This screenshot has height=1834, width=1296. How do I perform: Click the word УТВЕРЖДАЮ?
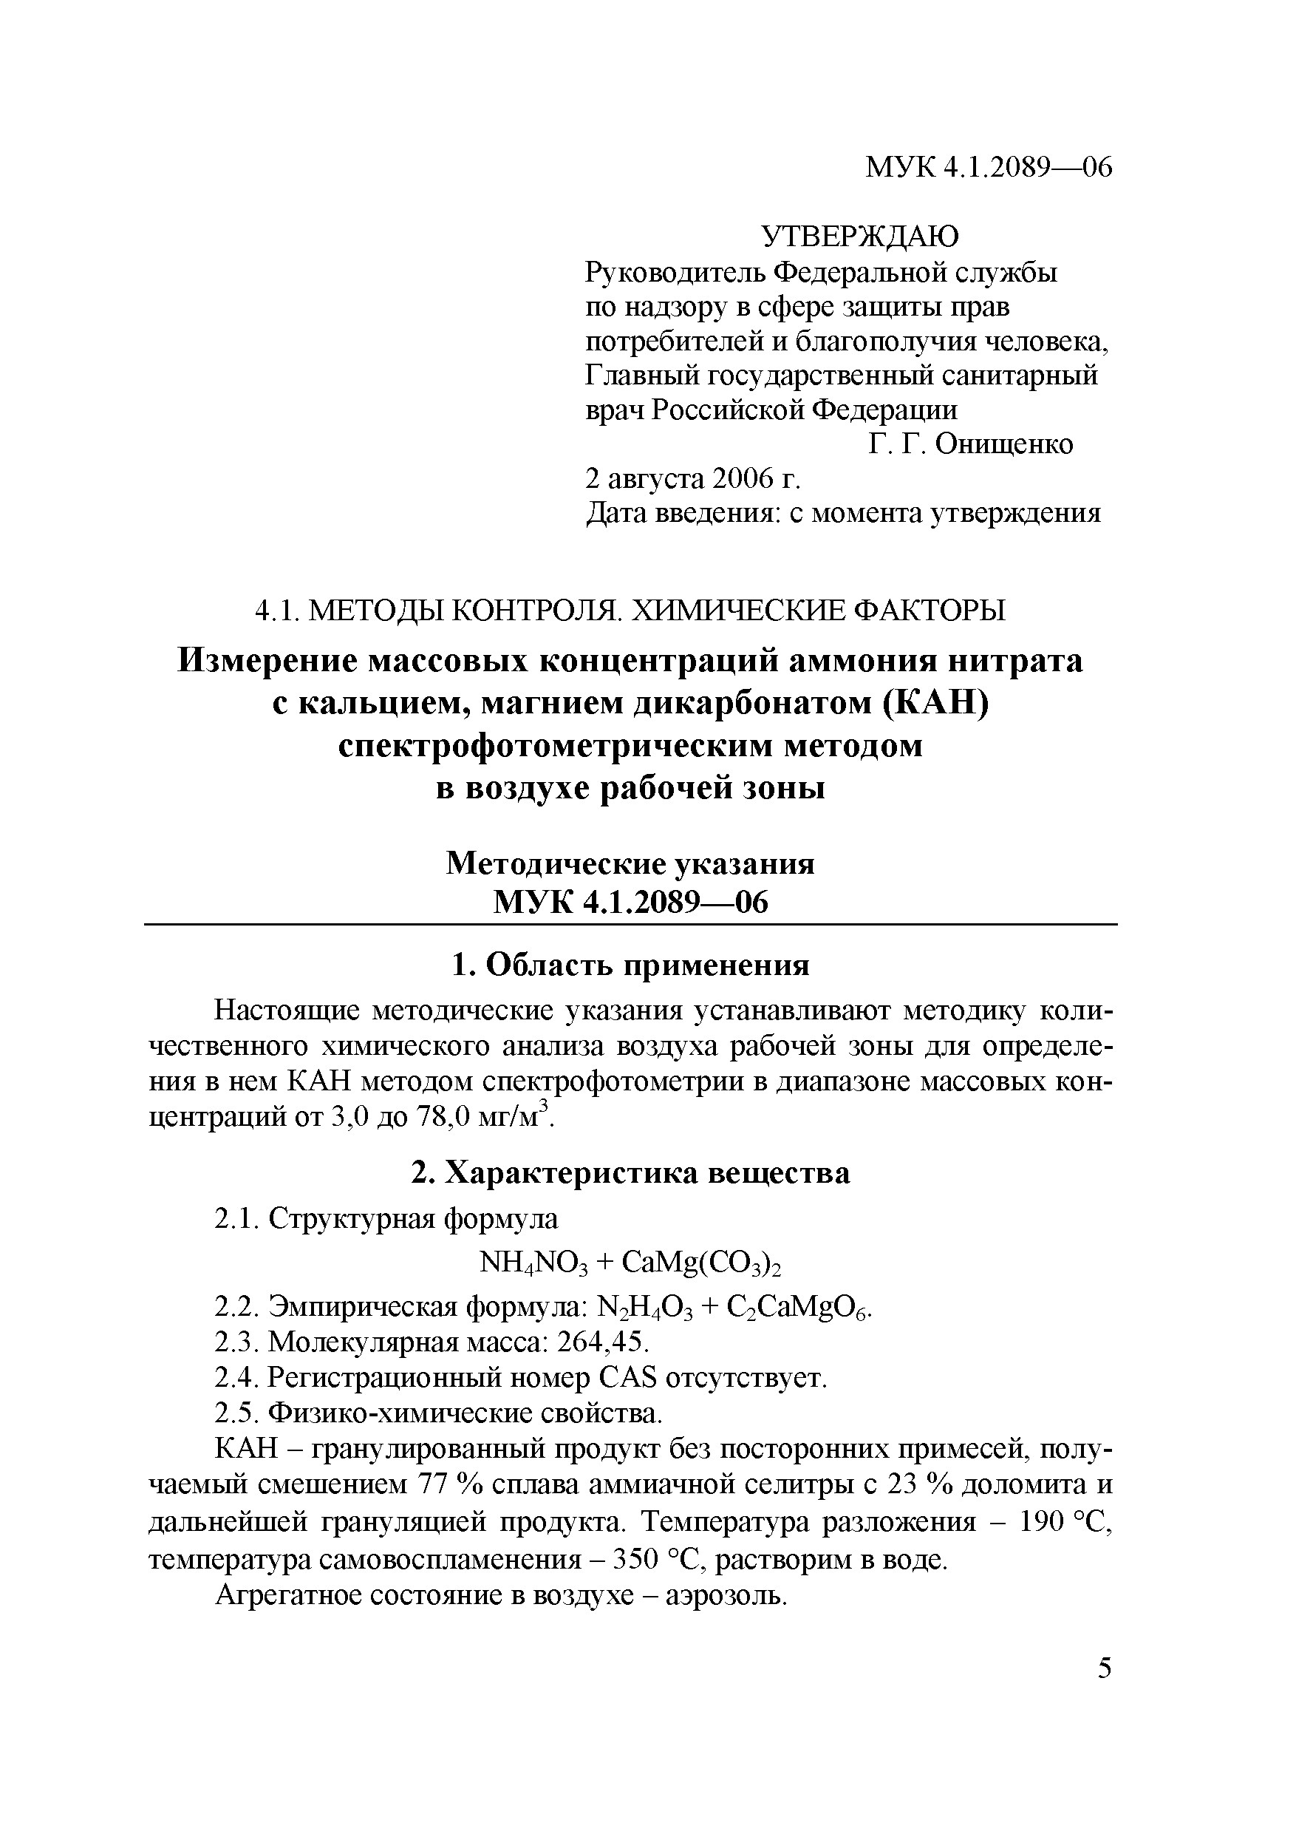tap(860, 237)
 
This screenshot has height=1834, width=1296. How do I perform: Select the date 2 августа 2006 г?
tap(692, 478)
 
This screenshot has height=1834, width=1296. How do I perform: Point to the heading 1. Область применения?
tap(630, 965)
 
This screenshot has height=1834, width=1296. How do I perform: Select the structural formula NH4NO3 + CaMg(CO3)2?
tap(630, 1262)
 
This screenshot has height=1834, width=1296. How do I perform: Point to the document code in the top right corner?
tap(989, 167)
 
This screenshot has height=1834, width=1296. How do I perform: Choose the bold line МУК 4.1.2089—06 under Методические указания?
tap(630, 903)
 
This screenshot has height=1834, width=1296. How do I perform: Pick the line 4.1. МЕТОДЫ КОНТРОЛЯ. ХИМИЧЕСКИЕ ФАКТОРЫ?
tap(630, 611)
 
